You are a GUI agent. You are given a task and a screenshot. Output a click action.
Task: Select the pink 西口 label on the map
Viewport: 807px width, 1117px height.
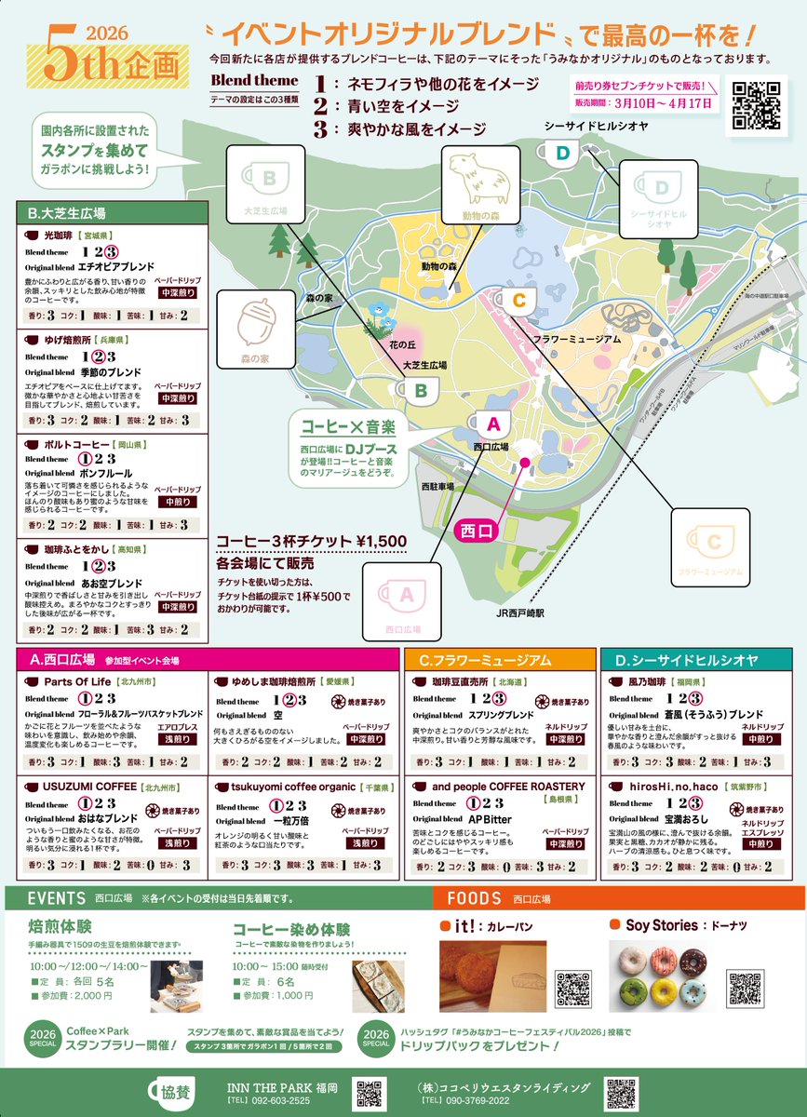(x=480, y=531)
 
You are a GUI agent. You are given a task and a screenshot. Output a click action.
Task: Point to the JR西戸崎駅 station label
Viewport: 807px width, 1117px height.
(x=519, y=614)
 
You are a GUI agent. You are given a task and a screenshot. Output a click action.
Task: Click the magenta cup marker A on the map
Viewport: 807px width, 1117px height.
(x=494, y=424)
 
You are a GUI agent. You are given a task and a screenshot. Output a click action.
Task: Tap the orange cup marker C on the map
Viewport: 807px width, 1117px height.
(x=518, y=301)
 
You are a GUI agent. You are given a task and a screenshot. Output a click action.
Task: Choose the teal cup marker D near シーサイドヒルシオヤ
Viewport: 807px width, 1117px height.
(x=562, y=153)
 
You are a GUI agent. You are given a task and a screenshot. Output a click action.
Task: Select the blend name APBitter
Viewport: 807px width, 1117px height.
(x=490, y=819)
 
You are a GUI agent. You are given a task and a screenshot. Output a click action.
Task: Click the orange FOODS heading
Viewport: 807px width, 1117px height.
(x=475, y=899)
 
